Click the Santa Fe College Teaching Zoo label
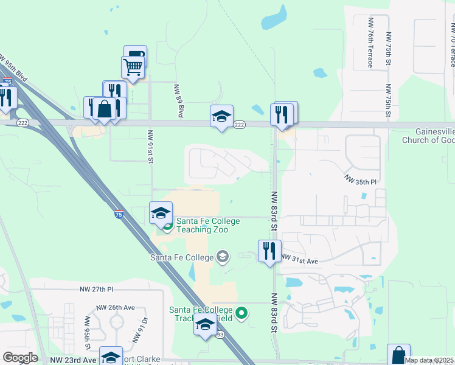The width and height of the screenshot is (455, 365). point(208,226)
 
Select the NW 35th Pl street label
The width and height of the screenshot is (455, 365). point(361,180)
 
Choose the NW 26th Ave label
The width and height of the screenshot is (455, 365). point(116,308)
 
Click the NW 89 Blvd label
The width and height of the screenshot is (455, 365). point(180,101)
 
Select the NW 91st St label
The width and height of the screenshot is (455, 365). point(149,146)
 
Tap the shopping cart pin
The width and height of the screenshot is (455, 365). point(133,67)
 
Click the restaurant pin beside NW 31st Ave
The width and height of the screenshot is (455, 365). point(269,250)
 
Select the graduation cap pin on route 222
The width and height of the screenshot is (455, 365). point(221,116)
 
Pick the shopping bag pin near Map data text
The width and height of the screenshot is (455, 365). point(398,355)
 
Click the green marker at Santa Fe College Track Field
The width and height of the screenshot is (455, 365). point(242,314)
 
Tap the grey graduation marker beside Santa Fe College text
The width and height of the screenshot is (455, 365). point(223,257)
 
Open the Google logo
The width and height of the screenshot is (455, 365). point(20,358)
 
